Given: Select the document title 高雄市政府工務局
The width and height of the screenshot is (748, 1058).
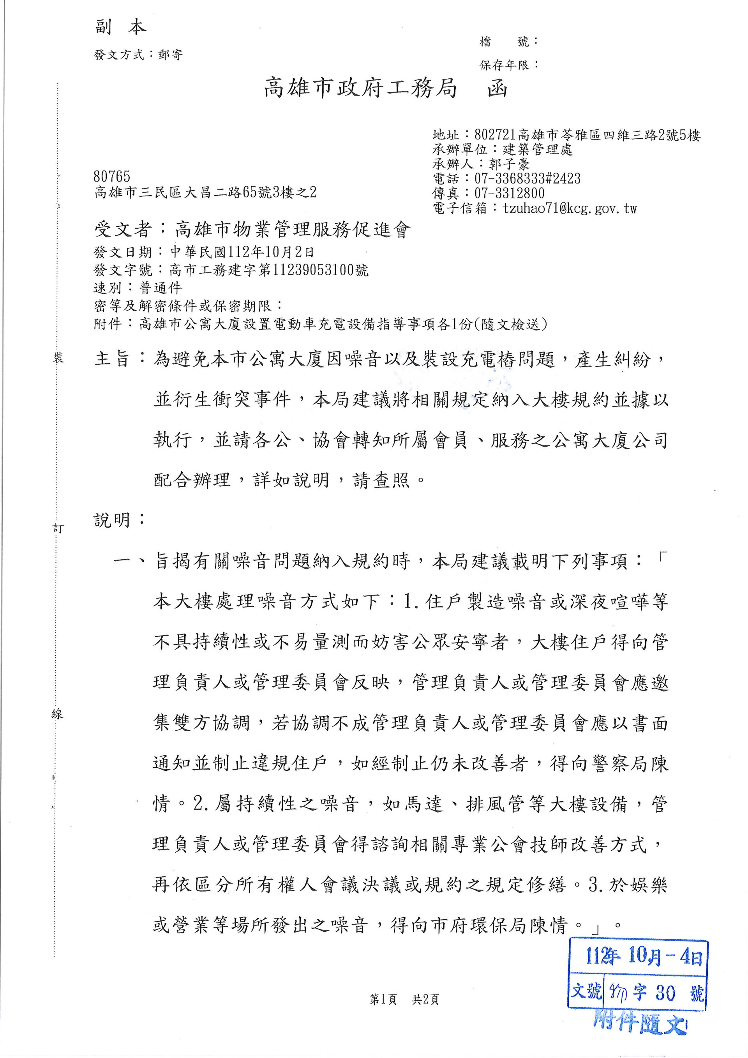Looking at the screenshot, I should [360, 88].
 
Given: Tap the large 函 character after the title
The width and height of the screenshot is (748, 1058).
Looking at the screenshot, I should [497, 88].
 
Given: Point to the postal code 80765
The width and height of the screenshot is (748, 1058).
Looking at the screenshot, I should [112, 177].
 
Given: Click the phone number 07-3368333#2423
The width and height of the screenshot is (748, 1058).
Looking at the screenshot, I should [527, 179].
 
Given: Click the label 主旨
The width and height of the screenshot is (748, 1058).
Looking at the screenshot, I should [112, 359].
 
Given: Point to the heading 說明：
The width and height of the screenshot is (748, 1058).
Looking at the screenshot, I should [119, 520].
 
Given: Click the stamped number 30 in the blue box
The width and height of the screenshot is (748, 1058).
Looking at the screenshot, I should [665, 993].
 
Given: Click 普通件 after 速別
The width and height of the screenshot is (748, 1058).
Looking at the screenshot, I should [161, 288].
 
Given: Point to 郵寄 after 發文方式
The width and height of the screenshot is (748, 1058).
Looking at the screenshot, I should [170, 55].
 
